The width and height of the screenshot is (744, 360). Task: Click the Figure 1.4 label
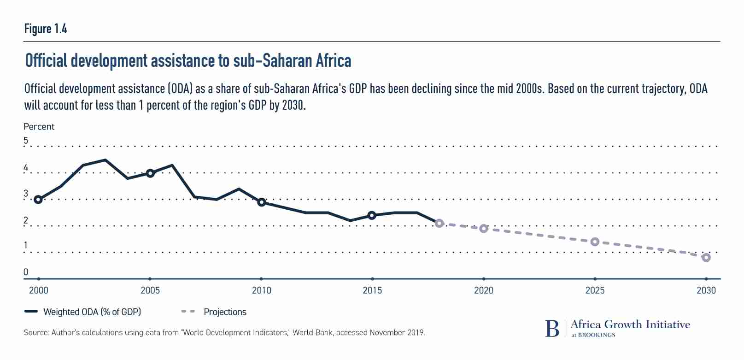click(x=46, y=29)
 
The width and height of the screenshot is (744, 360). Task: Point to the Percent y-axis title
click(x=39, y=127)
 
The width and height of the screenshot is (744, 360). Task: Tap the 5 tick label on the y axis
click(x=26, y=141)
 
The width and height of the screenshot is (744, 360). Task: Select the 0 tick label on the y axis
click(x=26, y=272)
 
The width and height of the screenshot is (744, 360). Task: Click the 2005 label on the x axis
click(x=150, y=290)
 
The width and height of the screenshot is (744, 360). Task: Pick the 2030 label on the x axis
click(x=706, y=290)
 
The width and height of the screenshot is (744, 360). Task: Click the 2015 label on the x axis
click(x=372, y=290)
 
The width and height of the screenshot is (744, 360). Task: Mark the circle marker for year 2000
click(x=38, y=200)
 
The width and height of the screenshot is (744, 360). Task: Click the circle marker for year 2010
click(x=261, y=202)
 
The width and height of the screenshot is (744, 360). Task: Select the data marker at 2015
click(x=372, y=215)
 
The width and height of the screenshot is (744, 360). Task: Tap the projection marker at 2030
click(x=706, y=258)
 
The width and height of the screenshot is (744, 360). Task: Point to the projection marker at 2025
click(x=595, y=242)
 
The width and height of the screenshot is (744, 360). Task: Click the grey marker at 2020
click(x=483, y=229)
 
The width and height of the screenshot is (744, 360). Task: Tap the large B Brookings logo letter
click(x=552, y=329)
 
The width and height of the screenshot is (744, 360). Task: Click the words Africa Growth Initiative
click(x=630, y=325)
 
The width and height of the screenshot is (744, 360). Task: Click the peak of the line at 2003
click(x=105, y=160)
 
